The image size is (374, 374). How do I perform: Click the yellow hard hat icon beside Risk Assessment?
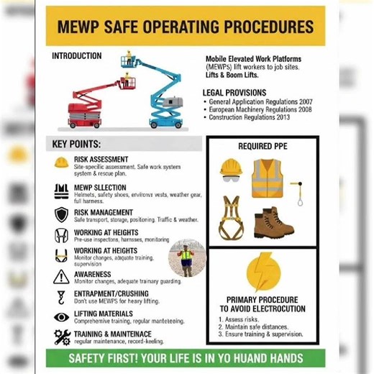pos(62,162)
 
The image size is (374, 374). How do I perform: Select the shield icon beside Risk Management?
pos(62,214)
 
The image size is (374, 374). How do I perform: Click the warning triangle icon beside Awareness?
pos(62,276)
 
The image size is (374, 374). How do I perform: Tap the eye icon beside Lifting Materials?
pos(62,316)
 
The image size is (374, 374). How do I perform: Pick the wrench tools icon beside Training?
pos(62,336)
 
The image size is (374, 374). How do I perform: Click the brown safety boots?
pos(273,221)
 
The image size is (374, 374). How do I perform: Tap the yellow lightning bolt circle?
pos(262,273)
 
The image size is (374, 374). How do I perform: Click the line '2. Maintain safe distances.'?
pos(262,326)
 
